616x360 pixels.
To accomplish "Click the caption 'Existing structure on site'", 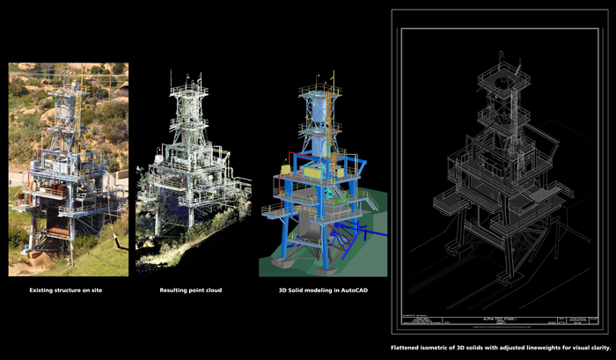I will pyautogui.click(x=68, y=290).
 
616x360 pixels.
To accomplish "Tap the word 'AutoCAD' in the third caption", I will pyautogui.click(x=342, y=290).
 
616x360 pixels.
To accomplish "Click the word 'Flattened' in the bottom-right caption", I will pyautogui.click(x=409, y=348).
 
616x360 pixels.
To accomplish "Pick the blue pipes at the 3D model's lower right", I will pyautogui.click(x=356, y=236).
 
